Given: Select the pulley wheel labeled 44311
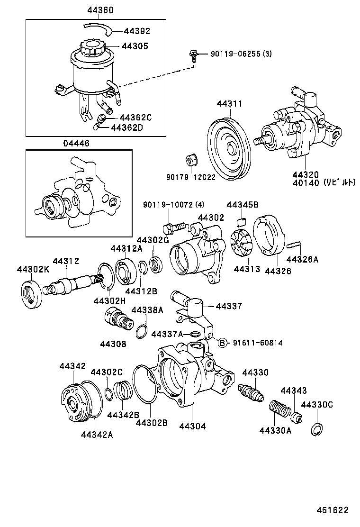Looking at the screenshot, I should click(x=230, y=147).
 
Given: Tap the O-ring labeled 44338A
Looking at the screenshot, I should click(x=141, y=331).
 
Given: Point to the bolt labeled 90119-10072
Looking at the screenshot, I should click(x=174, y=227).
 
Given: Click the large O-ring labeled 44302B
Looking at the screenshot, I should click(x=145, y=386).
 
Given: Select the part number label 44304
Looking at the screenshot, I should click(x=192, y=426).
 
